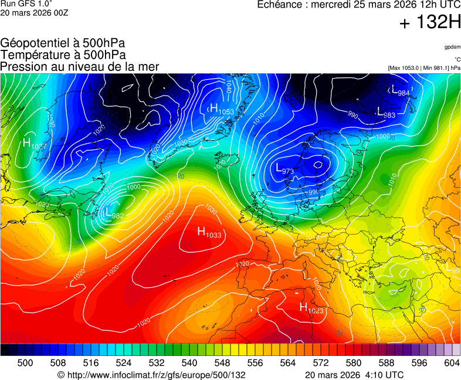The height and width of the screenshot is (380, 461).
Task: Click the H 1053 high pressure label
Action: (221, 109)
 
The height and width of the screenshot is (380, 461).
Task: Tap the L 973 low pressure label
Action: (284, 169)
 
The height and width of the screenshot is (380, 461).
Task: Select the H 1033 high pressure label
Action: (209, 233)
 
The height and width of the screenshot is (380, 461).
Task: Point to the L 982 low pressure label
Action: (113, 214)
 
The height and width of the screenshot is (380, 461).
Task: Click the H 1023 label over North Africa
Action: (311, 307)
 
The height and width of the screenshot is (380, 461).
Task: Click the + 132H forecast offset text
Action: (429, 23)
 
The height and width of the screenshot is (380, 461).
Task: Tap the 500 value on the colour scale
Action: (25, 363)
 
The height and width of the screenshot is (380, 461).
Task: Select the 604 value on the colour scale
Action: (452, 363)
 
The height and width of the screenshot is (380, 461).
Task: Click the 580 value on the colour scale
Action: (353, 363)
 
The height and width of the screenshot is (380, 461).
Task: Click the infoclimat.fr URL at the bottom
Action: (151, 375)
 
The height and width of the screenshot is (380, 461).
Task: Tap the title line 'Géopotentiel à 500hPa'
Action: (63, 43)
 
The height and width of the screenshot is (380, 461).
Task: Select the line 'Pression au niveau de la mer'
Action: (80, 67)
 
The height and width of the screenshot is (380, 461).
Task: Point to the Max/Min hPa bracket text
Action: (424, 68)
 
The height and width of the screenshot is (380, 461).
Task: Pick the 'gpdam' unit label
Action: (452, 47)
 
